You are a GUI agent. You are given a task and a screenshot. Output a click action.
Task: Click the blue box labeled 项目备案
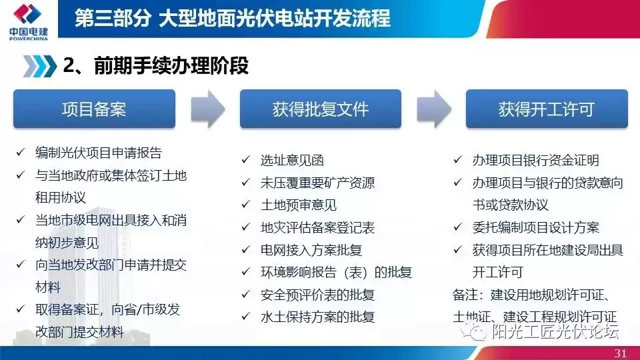[x=94, y=109]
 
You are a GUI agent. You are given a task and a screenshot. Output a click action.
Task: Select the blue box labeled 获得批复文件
[x=320, y=109]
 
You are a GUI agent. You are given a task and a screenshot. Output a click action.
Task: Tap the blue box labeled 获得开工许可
[x=545, y=109]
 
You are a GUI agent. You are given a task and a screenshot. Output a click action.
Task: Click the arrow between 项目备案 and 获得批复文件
[x=207, y=109]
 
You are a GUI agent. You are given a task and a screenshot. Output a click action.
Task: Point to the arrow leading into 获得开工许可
[x=433, y=109]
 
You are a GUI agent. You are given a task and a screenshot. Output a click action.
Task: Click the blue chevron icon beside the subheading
[x=39, y=66]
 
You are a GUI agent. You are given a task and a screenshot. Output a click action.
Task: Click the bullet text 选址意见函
[x=292, y=160]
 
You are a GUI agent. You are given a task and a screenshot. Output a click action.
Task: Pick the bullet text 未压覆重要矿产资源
[x=317, y=183]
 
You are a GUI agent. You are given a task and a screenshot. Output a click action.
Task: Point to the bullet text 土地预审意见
[x=298, y=205]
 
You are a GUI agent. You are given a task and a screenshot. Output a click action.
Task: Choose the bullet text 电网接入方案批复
[x=311, y=250]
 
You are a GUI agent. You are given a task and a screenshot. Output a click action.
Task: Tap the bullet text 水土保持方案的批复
[x=317, y=317]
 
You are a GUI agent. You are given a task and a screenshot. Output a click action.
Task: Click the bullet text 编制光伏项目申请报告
[x=98, y=153]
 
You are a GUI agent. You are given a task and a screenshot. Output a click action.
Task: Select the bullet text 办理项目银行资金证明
[x=535, y=160]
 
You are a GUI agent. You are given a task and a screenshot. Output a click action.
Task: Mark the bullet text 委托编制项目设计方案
[x=535, y=228]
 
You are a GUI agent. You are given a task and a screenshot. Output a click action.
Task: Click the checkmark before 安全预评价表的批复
[x=245, y=295]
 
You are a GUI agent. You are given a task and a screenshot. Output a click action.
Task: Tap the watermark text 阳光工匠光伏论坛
[x=555, y=331]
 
